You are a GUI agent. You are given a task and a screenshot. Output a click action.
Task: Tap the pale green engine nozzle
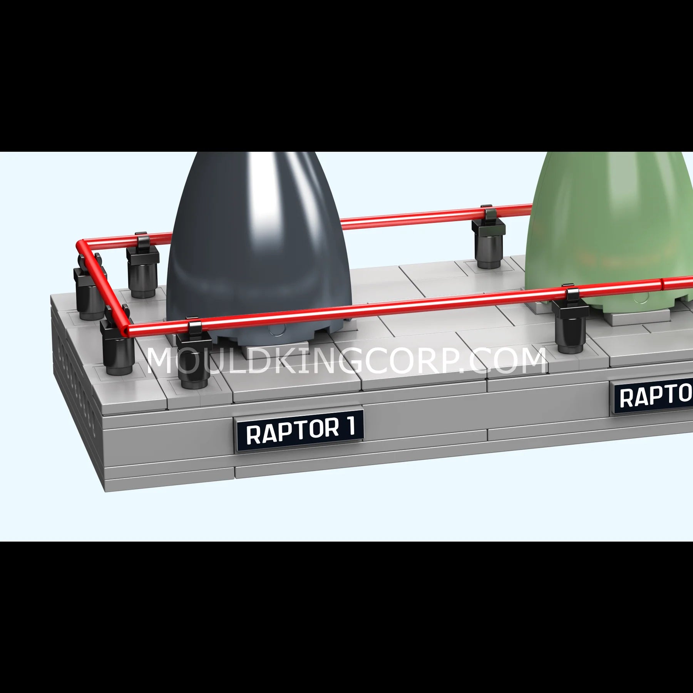(612, 231)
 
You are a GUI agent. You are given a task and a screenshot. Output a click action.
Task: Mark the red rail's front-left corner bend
(129, 330)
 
